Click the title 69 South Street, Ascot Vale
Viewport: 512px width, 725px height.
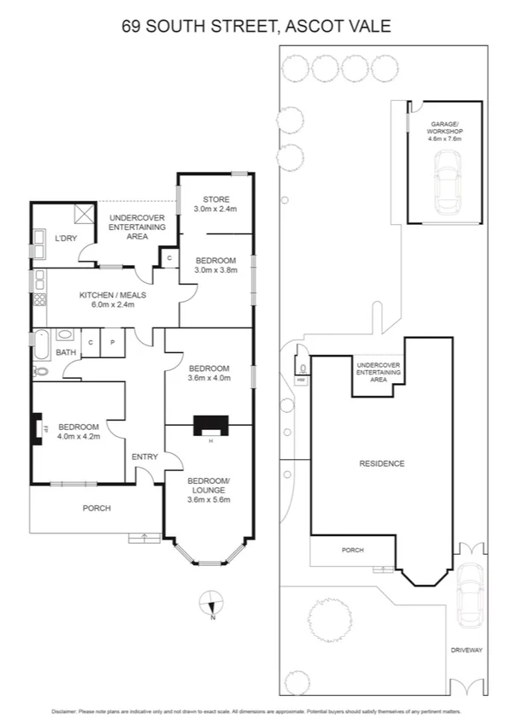click(x=256, y=27)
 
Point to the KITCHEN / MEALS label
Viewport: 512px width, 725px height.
click(x=113, y=295)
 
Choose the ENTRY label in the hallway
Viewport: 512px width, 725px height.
click(x=144, y=457)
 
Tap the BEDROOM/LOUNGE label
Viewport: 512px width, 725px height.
click(x=209, y=485)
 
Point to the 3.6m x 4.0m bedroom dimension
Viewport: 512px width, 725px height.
click(x=209, y=379)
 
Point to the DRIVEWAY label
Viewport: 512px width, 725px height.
click(x=467, y=650)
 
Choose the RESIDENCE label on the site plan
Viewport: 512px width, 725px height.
click(x=381, y=463)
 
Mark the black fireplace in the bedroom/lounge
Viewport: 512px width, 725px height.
click(x=209, y=425)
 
